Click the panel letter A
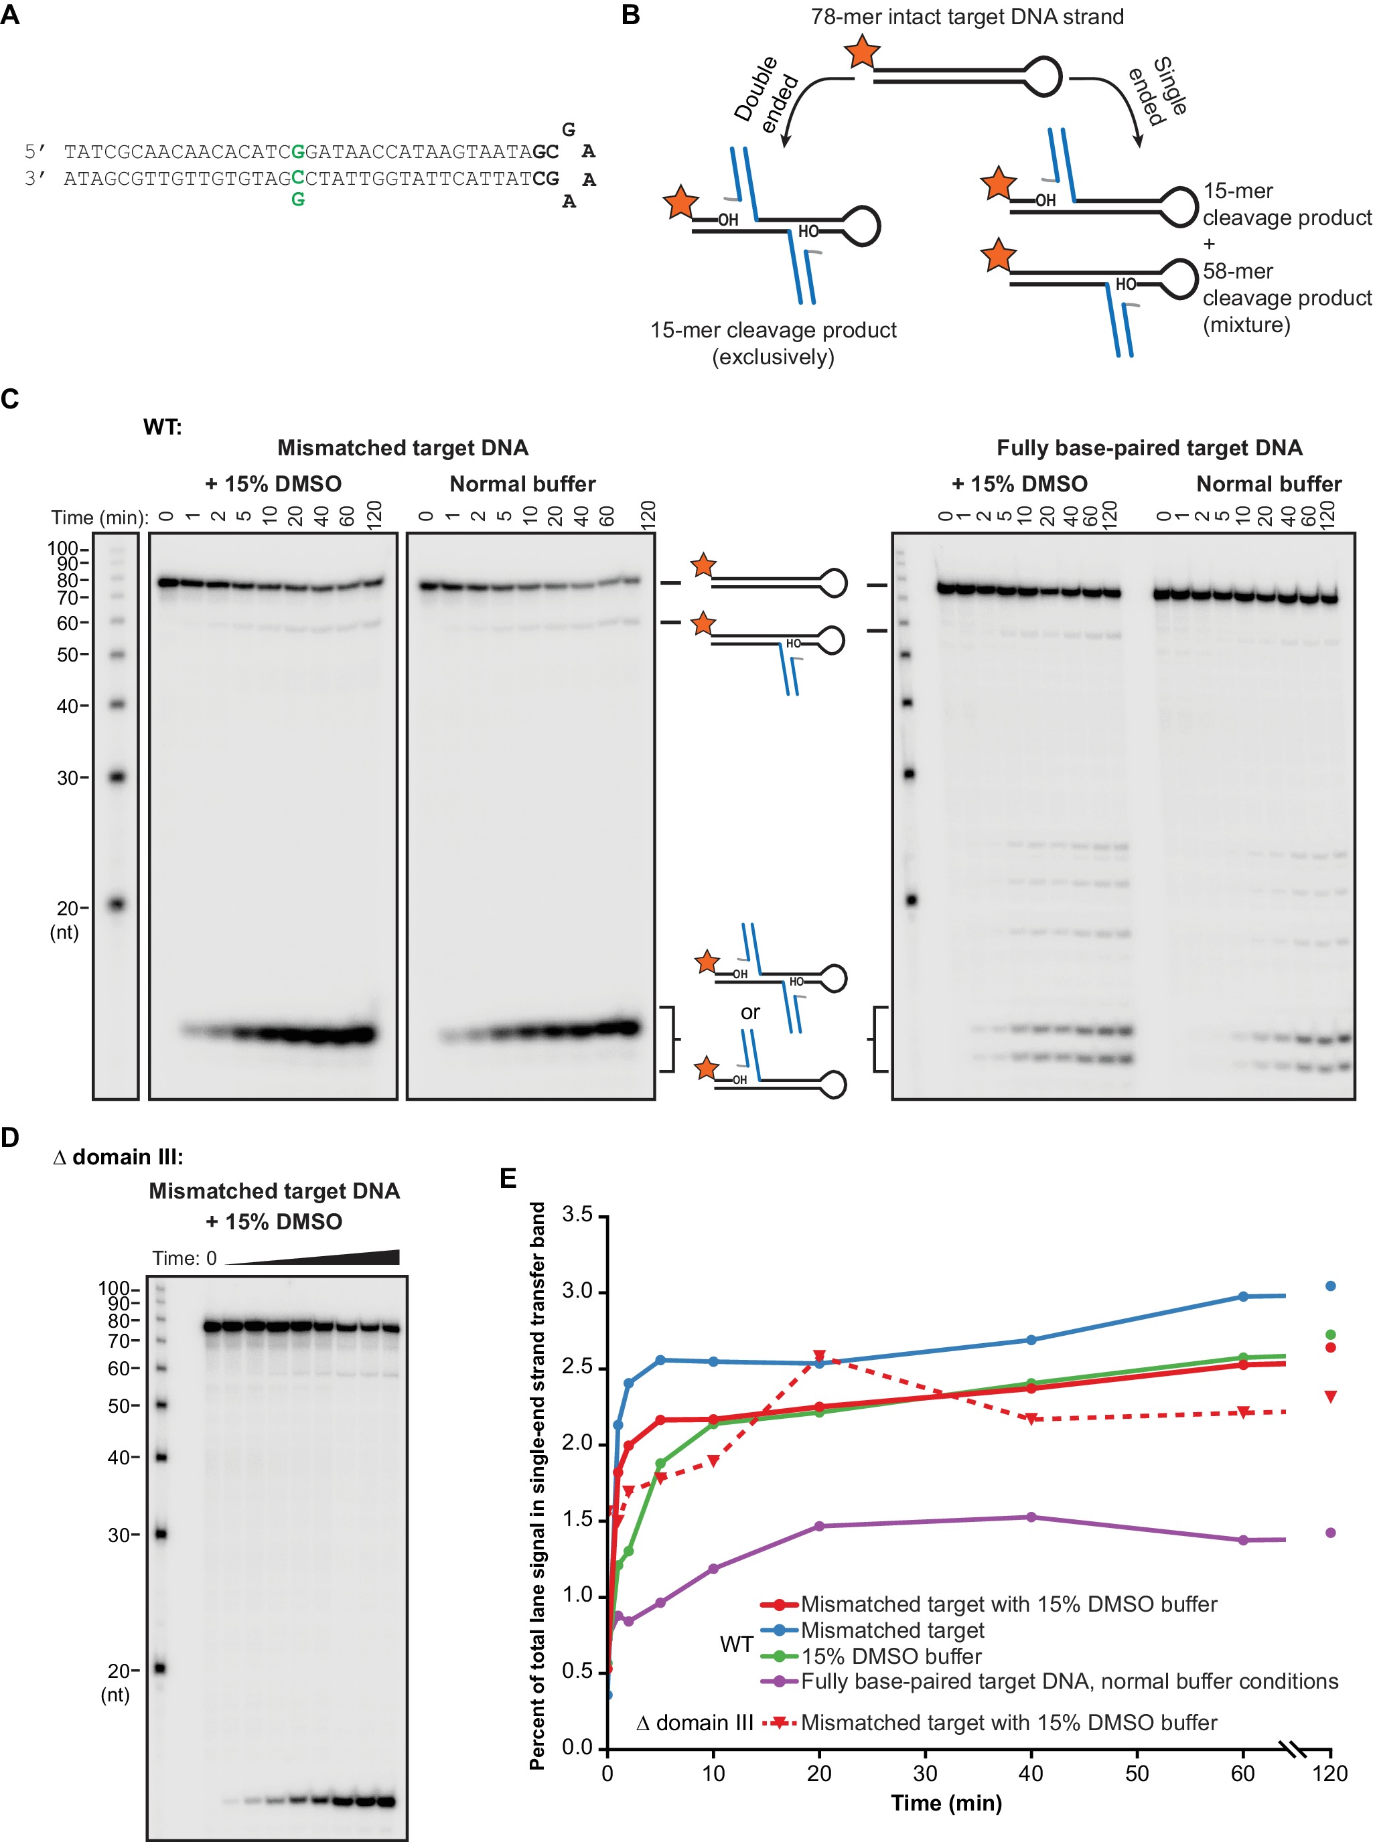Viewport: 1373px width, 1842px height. (x=10, y=14)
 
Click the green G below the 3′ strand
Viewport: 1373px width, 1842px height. (x=297, y=200)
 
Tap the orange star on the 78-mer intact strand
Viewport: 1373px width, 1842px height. (x=863, y=52)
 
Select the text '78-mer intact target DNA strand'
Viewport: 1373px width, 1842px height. (x=966, y=17)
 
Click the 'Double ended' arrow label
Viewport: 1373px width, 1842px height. (x=766, y=96)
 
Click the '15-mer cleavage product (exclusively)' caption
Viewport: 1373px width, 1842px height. (x=773, y=343)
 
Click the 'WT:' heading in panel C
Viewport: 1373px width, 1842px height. (x=162, y=427)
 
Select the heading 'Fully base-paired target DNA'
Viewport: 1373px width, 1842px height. (x=1149, y=448)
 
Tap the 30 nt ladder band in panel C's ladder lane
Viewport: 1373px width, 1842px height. (x=117, y=777)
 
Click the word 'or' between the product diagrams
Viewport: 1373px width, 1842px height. (x=749, y=1012)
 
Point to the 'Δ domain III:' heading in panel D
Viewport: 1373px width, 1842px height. (x=118, y=1156)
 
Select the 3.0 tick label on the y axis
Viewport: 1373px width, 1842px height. (x=577, y=1291)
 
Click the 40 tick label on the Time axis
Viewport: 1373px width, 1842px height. (x=1031, y=1773)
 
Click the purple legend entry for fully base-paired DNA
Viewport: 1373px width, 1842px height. (x=1069, y=1681)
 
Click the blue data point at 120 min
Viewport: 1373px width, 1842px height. (x=1329, y=1286)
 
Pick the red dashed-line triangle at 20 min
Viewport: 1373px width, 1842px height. (x=818, y=1356)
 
